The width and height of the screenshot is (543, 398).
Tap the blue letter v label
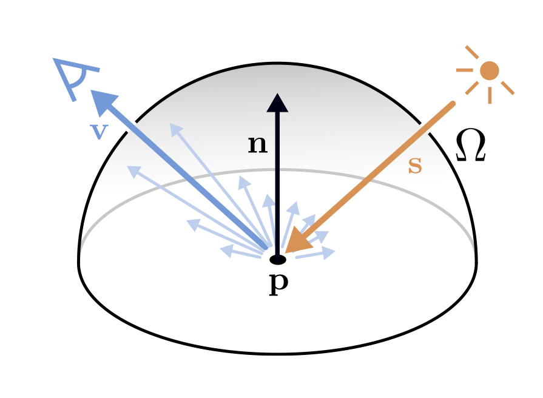tap(98, 131)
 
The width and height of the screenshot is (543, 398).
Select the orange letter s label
tap(414, 166)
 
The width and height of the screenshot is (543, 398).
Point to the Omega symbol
tap(470, 147)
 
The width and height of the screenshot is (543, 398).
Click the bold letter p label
tap(278, 283)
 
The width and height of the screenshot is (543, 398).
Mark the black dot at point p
tap(277, 260)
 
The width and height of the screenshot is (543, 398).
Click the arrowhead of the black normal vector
tap(277, 103)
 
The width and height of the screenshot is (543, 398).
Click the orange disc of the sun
tap(489, 70)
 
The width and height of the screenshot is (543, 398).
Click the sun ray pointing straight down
tap(490, 95)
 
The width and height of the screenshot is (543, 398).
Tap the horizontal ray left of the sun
tap(464, 70)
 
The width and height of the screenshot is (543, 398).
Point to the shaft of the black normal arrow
tap(277, 182)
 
